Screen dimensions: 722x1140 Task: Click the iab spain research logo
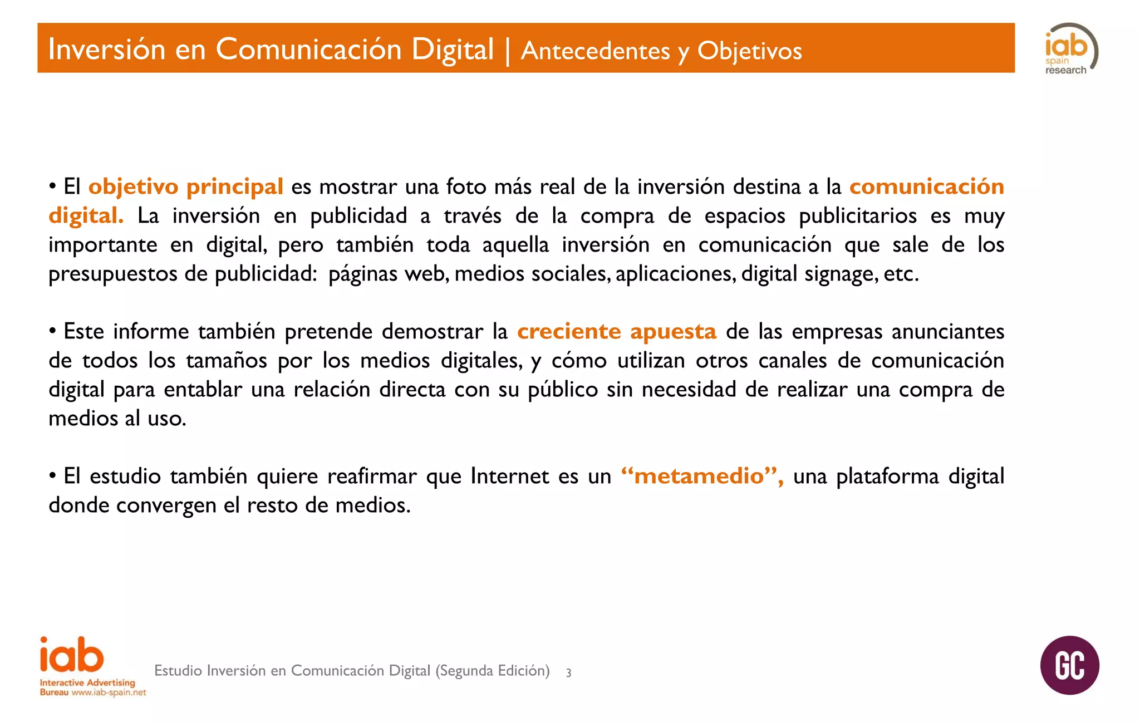click(x=1070, y=50)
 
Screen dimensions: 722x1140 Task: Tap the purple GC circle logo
click(x=1069, y=665)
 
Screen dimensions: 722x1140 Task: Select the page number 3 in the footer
click(x=568, y=672)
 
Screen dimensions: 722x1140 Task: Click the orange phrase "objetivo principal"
click(x=186, y=187)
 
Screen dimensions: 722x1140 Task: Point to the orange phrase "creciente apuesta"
click(x=617, y=332)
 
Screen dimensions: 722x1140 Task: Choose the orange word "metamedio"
click(x=699, y=477)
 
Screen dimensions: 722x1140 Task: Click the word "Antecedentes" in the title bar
click(x=596, y=51)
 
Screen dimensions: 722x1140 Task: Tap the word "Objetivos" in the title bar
click(x=749, y=51)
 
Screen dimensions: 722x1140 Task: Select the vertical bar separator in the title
click(x=508, y=50)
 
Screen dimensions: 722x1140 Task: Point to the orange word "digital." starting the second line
click(x=86, y=216)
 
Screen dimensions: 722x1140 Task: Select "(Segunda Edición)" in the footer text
click(x=492, y=671)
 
